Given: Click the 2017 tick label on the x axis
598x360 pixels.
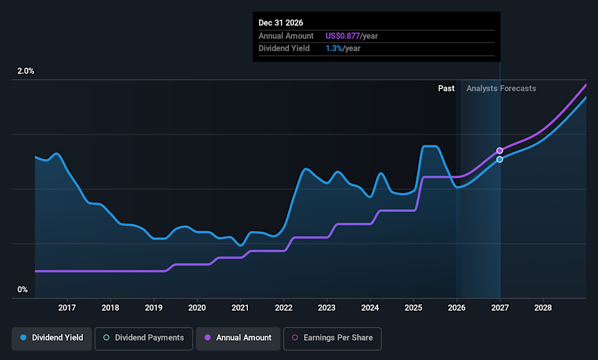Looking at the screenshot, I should point(67,308).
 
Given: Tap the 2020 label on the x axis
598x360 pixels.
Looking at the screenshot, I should point(197,308).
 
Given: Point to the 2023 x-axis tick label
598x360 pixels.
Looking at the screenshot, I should point(327,308).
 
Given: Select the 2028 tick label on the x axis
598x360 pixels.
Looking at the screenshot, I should point(543,308).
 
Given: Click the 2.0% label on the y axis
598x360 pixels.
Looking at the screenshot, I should point(26,71).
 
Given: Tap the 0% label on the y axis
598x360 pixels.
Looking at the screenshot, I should point(22,290).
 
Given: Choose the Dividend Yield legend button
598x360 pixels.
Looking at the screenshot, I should point(52,338).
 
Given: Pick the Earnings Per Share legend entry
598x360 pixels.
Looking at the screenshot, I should point(332,338).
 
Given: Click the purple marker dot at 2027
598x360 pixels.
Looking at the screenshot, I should point(500,151).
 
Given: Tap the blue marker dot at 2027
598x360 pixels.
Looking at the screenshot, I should point(500,159).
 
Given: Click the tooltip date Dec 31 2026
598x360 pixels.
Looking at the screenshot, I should point(281,23).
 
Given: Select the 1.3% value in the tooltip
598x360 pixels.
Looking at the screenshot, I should point(333,49).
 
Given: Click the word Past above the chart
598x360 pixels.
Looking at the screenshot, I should point(446,88).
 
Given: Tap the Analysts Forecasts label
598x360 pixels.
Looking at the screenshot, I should point(501,88).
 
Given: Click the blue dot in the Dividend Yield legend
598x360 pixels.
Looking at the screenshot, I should point(23,338).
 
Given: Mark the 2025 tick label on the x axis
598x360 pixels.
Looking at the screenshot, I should point(414,308).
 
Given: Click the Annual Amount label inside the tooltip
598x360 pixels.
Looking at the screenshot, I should point(286,36).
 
